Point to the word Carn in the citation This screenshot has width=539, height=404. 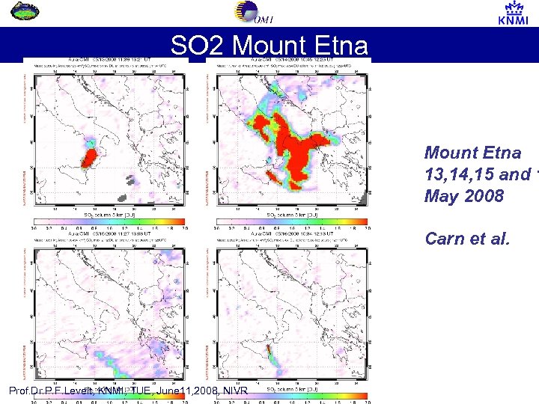click(442, 239)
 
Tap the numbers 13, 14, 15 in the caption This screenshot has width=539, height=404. click(460, 175)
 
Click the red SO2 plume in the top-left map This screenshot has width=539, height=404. click(89, 156)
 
